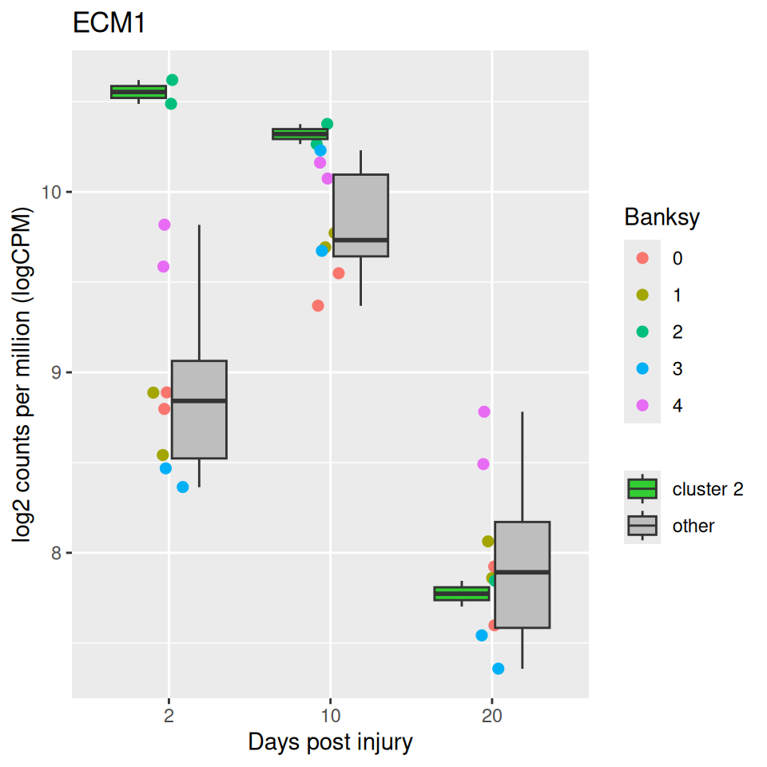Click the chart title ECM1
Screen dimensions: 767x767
click(x=109, y=22)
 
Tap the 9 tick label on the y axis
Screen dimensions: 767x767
click(x=56, y=373)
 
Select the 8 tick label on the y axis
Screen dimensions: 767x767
click(x=56, y=553)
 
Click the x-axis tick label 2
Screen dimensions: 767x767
click(x=169, y=716)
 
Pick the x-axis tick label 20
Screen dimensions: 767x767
click(x=492, y=716)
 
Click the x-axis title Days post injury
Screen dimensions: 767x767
click(x=331, y=742)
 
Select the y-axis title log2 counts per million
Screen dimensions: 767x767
click(x=22, y=374)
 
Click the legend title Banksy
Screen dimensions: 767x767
click(x=662, y=217)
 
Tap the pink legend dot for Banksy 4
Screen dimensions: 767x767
click(x=642, y=405)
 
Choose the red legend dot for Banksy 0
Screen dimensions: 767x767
click(x=642, y=258)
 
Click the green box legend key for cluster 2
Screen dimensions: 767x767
click(x=642, y=489)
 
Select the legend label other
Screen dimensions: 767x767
click(x=693, y=526)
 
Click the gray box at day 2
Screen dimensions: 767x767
click(x=199, y=409)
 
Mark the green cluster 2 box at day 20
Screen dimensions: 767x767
click(x=462, y=594)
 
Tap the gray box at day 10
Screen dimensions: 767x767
click(x=360, y=215)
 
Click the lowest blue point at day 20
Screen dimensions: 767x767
click(x=498, y=669)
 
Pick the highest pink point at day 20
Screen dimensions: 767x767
click(x=484, y=412)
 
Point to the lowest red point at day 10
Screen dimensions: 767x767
click(x=318, y=306)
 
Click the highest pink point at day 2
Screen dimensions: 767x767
click(x=165, y=225)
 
